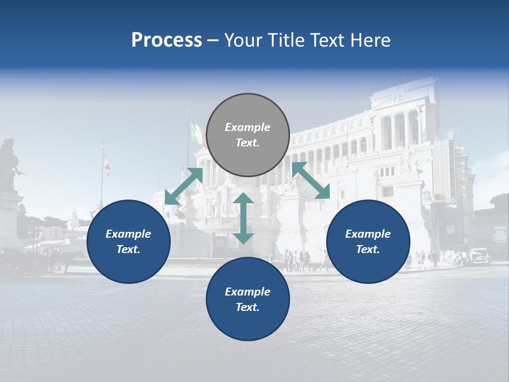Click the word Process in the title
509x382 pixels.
click(166, 40)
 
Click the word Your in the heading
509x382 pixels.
click(242, 40)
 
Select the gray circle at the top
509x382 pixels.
click(248, 135)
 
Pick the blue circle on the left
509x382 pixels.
click(128, 242)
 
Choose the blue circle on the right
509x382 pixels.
click(368, 242)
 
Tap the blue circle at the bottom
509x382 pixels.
click(248, 299)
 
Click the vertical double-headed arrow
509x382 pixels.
click(243, 218)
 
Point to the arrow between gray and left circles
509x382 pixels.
click(183, 186)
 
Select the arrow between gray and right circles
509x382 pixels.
click(311, 180)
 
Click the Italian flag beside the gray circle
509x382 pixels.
click(198, 133)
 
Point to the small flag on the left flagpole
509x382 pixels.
click(107, 166)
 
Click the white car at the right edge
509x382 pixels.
click(480, 257)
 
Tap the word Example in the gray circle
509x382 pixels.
click(248, 127)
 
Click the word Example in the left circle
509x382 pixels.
click(128, 234)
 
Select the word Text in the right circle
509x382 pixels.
click(368, 249)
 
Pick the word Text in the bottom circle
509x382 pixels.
click(248, 307)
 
